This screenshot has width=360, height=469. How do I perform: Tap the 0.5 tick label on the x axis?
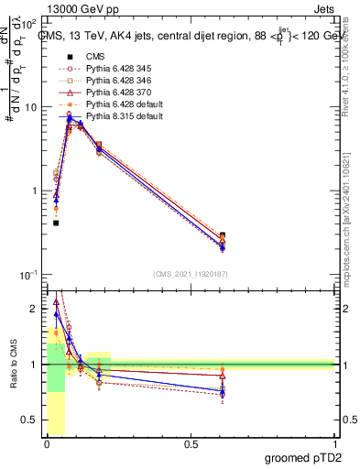coord(191,444)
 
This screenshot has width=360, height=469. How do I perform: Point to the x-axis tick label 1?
coord(334,444)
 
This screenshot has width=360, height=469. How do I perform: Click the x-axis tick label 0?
coord(48,444)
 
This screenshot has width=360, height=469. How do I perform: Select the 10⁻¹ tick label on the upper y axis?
coord(28,276)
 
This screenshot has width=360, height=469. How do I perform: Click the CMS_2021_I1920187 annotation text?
coord(190,274)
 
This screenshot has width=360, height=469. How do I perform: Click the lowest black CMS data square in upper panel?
coord(56,223)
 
